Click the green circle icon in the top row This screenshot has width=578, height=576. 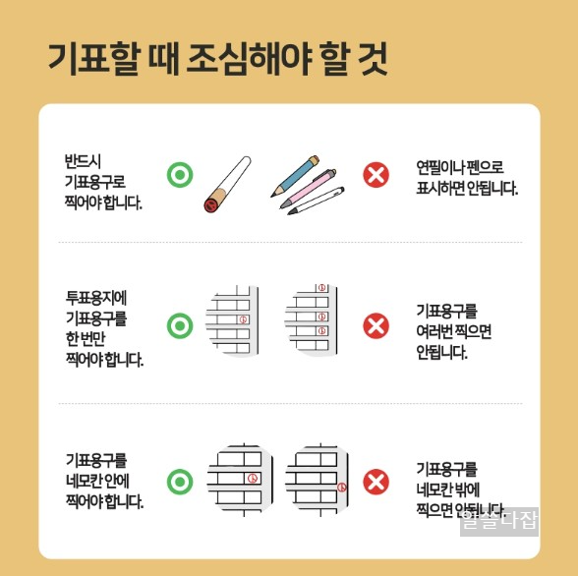tap(179, 175)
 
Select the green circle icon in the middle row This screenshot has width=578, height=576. tap(179, 324)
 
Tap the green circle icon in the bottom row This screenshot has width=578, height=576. tap(179, 482)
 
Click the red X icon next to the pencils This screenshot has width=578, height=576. tap(376, 175)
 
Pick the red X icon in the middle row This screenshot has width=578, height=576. tap(376, 324)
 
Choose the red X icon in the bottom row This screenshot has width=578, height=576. tap(376, 482)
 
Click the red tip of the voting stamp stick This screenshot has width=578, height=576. tap(209, 204)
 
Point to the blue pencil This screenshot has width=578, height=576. tap(296, 174)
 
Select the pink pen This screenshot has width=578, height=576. tap(312, 186)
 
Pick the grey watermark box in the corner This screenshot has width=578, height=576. tap(500, 521)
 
